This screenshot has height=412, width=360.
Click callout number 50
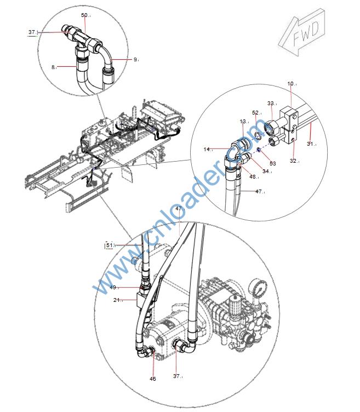[x=84, y=15]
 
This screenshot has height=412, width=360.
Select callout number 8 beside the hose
[x=53, y=67]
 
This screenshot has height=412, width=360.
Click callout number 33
[x=271, y=103]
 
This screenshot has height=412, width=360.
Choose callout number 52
[x=256, y=113]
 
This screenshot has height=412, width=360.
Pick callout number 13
[x=243, y=122]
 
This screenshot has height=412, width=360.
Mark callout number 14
[x=207, y=149]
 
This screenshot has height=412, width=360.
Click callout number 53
[x=273, y=163]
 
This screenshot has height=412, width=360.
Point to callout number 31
[x=311, y=144]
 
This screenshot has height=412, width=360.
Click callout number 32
[x=293, y=161]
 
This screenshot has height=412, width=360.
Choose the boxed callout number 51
[x=110, y=245]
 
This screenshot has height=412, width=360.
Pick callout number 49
[x=113, y=288]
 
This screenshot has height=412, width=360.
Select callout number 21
[x=117, y=300]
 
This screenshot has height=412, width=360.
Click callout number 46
[x=153, y=379]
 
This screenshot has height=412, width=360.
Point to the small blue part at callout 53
[x=258, y=150]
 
